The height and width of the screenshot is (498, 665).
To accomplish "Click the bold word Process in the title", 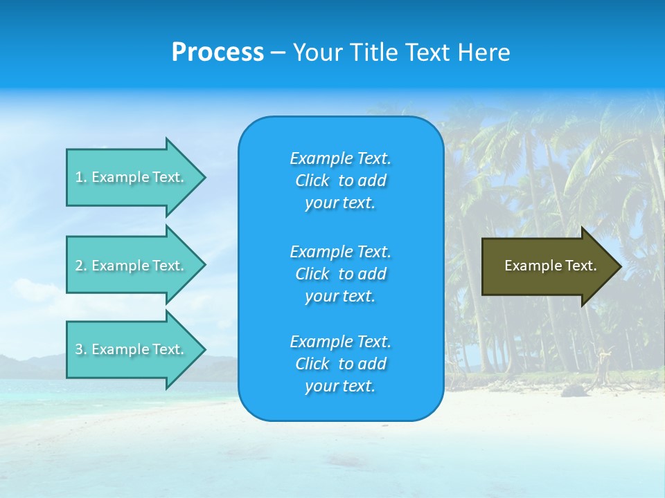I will point(218,53).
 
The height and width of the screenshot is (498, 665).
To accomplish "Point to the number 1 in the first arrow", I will point(80,177).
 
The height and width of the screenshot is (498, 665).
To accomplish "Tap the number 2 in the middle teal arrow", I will point(80,266).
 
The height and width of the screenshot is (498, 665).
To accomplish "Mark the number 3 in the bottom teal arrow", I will point(80,349).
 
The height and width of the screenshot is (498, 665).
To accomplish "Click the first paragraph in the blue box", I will point(340,181).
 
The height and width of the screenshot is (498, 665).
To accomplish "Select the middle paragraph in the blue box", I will point(340,274).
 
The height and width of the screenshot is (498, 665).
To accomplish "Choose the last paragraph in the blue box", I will point(340,364).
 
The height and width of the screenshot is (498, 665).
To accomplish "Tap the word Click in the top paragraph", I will point(312,181).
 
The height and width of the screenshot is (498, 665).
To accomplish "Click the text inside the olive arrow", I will point(551,266).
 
